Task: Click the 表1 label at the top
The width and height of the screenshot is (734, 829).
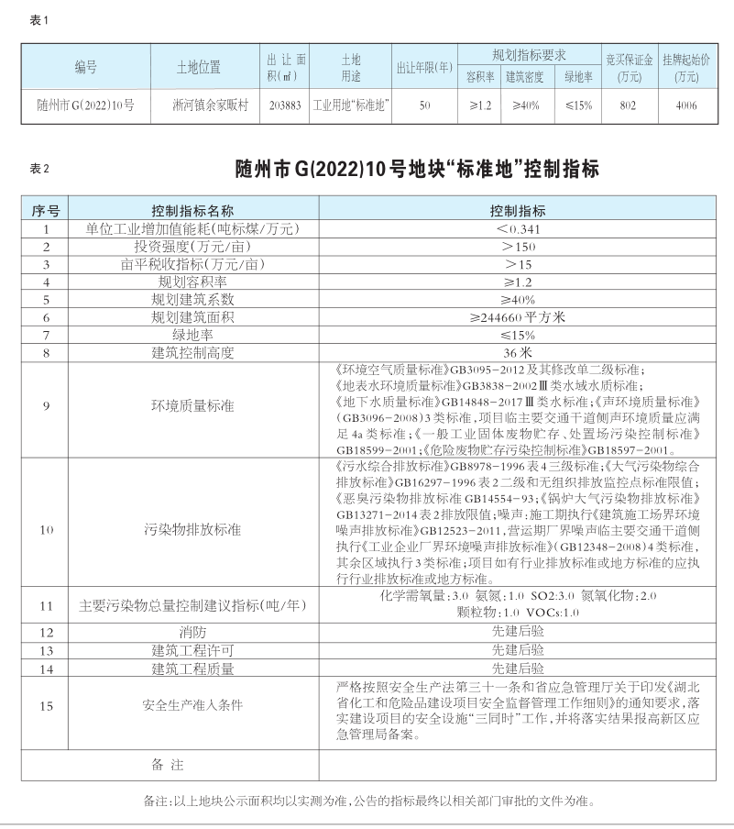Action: click(x=38, y=19)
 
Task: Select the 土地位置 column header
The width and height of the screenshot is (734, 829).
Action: click(x=198, y=67)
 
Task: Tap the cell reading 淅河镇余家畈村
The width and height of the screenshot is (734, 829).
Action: click(x=198, y=105)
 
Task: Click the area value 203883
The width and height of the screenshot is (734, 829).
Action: click(x=285, y=105)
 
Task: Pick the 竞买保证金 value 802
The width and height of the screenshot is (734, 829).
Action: click(x=628, y=105)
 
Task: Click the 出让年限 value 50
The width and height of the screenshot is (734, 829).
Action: click(x=424, y=105)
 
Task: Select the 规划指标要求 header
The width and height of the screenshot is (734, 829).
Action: click(x=529, y=55)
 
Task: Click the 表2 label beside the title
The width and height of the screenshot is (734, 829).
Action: click(x=38, y=169)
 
